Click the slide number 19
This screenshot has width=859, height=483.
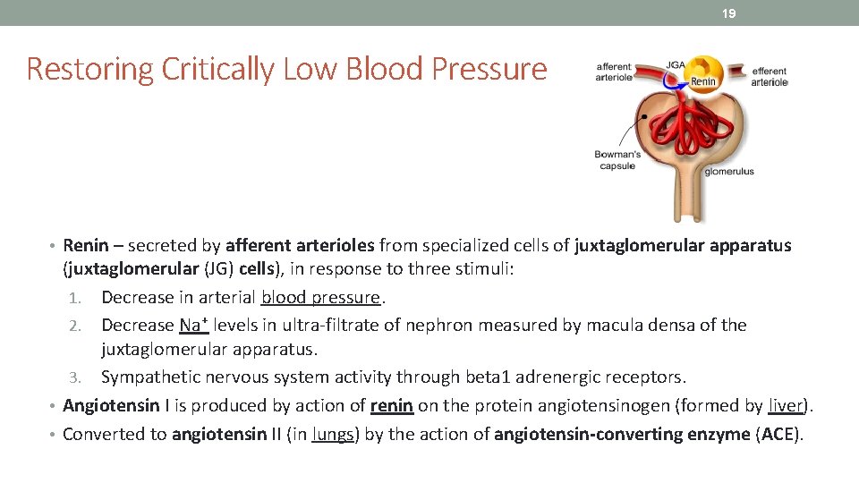(x=730, y=13)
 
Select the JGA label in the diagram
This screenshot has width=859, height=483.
(x=676, y=65)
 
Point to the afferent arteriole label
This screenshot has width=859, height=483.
(x=614, y=72)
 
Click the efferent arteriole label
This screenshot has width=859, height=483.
(x=769, y=77)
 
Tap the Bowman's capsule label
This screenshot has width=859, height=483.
(x=617, y=159)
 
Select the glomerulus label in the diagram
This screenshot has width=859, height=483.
(x=729, y=171)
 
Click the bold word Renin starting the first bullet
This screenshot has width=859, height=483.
(x=86, y=245)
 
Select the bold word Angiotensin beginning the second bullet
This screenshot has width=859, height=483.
(x=111, y=406)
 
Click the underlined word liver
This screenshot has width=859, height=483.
(x=786, y=406)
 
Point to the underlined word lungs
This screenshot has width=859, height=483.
(x=333, y=435)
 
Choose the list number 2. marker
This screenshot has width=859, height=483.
(x=75, y=326)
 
